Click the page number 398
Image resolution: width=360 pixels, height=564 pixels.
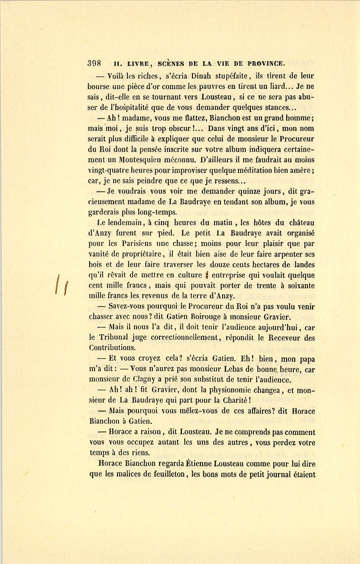point(94,63)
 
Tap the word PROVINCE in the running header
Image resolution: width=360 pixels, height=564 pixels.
point(266,63)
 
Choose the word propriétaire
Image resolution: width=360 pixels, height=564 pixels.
point(141,254)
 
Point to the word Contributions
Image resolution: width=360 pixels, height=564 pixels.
point(112,348)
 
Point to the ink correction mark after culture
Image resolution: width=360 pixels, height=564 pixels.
point(207,275)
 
